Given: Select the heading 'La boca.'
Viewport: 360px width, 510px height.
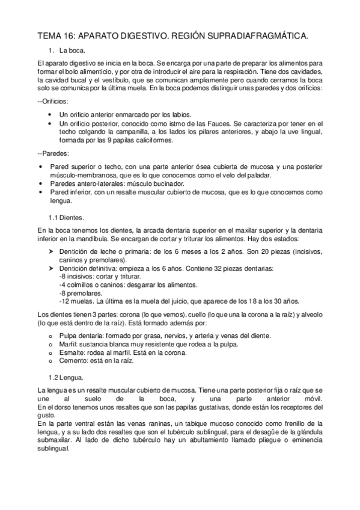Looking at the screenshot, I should (73, 52).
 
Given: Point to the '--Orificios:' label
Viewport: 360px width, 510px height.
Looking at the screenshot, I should (53, 102).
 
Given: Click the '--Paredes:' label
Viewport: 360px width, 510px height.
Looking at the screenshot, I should (52, 153).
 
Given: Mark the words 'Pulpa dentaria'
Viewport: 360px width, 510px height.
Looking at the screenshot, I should (81, 336).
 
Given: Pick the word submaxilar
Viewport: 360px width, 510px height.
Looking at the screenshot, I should (53, 442).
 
